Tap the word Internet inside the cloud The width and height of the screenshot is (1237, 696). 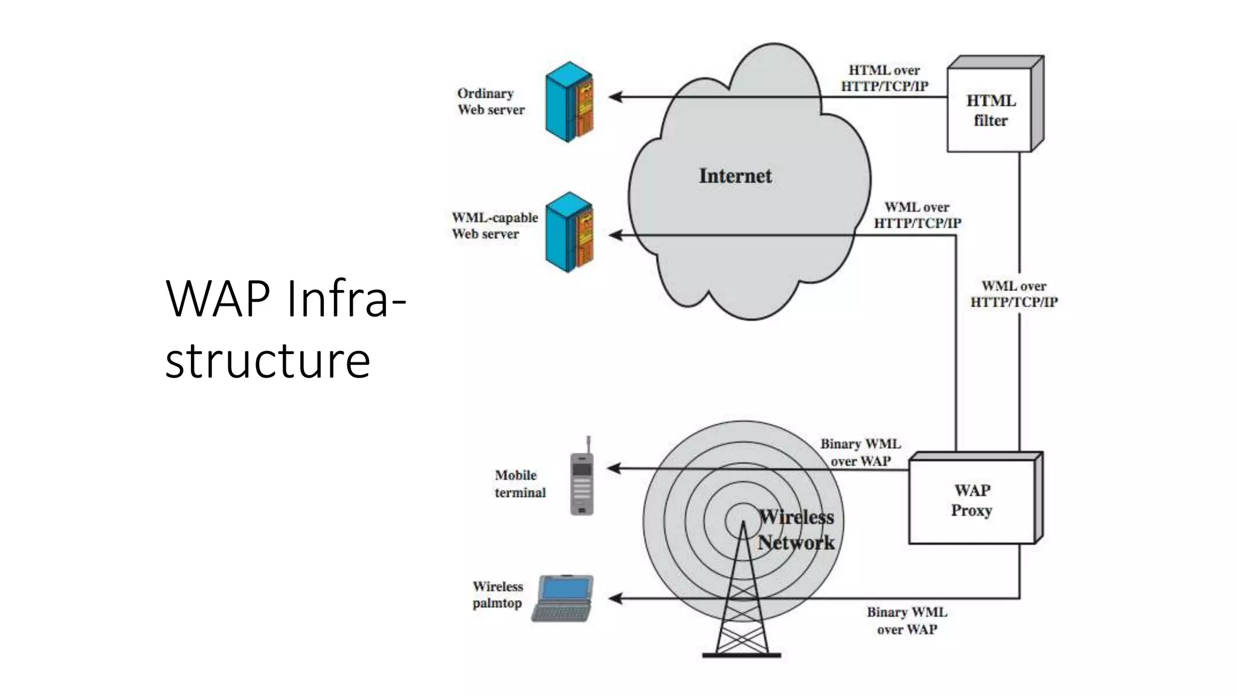tap(735, 176)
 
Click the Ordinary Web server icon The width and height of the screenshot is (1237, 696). tap(569, 102)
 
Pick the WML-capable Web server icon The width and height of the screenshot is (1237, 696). tap(569, 233)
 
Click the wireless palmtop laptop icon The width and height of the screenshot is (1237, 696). tap(563, 598)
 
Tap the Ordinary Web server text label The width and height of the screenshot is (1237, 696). tap(490, 101)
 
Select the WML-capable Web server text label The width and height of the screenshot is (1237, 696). tap(494, 225)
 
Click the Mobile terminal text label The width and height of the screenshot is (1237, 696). tap(519, 484)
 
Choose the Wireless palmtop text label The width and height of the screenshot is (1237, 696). tap(498, 594)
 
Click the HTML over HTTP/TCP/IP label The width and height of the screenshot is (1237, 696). tap(884, 79)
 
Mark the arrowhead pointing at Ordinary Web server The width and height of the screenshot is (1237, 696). tap(615, 97)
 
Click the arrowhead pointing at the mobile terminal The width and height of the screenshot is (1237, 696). tap(614, 468)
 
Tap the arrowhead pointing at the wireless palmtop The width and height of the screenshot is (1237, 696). tap(615, 599)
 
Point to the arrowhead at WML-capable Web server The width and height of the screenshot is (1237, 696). tap(615, 235)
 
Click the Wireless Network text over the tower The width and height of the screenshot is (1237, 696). tap(796, 530)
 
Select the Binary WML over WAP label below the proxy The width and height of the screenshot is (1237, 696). tap(907, 620)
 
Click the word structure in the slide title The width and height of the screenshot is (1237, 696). tap(268, 361)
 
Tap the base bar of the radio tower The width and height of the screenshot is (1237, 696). tap(742, 655)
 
